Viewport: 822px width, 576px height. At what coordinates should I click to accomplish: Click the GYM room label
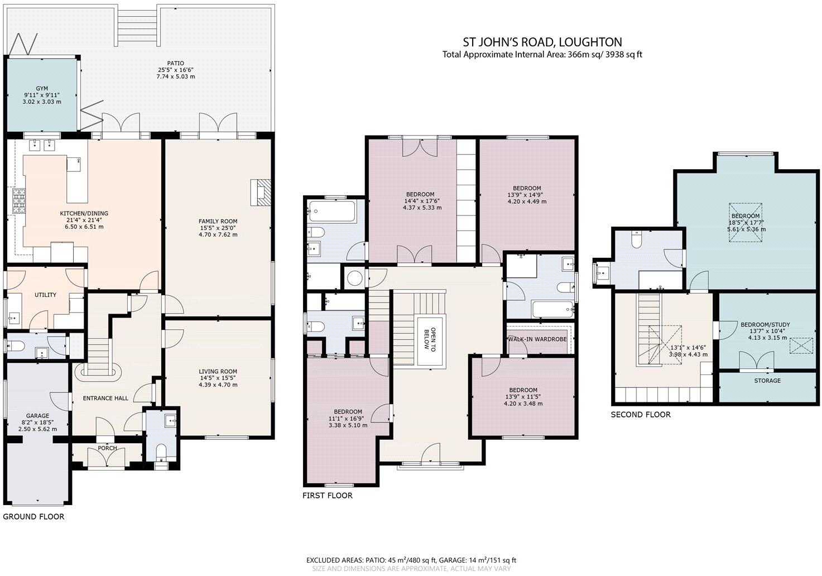[x=42, y=88]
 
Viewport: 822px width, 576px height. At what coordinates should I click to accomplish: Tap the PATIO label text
[x=176, y=63]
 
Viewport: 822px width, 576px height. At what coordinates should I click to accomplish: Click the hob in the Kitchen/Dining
[x=16, y=201]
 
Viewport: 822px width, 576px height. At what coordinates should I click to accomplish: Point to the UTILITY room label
[x=45, y=295]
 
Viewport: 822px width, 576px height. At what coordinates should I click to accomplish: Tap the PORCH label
[x=107, y=448]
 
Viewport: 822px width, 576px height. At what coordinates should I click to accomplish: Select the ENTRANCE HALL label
[x=105, y=399]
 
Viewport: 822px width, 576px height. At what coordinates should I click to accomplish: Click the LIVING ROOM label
[x=218, y=372]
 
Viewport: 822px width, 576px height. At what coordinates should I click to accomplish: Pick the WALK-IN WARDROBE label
[x=537, y=339]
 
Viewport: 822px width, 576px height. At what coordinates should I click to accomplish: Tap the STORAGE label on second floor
[x=767, y=381]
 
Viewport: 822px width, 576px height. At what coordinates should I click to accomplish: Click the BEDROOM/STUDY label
[x=765, y=325]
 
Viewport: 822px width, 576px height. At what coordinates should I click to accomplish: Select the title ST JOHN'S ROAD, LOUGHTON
[x=542, y=42]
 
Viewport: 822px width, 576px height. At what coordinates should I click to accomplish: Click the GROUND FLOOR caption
[x=33, y=517]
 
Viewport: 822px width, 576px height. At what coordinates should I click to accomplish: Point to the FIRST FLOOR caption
[x=328, y=496]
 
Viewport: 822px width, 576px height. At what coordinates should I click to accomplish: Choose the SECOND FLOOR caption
[x=640, y=415]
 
